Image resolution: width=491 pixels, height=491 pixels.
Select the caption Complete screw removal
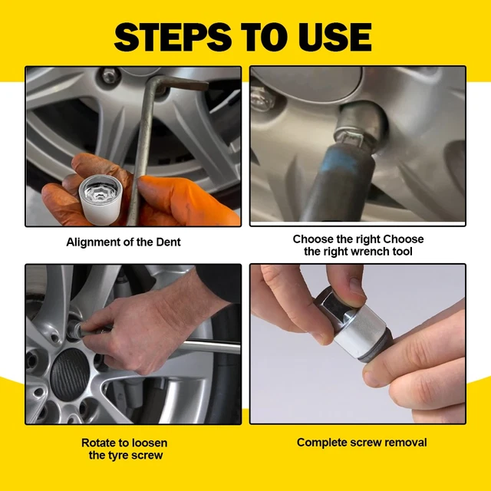(361, 442)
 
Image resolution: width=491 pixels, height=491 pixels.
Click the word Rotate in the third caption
(100, 443)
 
